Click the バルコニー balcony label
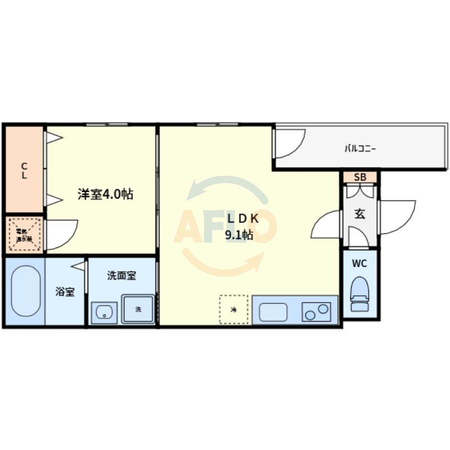360,149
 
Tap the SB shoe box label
360,177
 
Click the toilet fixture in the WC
359,296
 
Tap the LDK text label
242,219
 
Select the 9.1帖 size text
238,236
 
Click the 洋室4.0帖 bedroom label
105,195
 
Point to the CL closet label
24,170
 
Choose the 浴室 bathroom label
65,292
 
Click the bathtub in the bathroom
24,292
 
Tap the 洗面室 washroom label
121,276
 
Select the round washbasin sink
104,313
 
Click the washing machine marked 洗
138,309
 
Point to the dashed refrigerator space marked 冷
233,309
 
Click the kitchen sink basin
272,311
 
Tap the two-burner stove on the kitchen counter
317,311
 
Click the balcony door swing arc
289,143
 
